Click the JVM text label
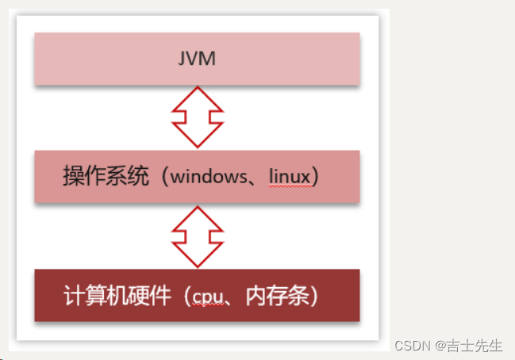coord(196,59)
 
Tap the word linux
coord(288,177)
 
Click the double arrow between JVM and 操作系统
coord(197,117)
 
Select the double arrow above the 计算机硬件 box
coord(197,236)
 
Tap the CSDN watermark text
coord(411,346)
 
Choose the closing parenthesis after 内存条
coord(313,297)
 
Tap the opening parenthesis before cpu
coord(183,297)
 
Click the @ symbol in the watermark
coord(437,346)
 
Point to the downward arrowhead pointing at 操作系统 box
coord(197,136)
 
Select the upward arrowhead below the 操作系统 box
coord(197,216)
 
